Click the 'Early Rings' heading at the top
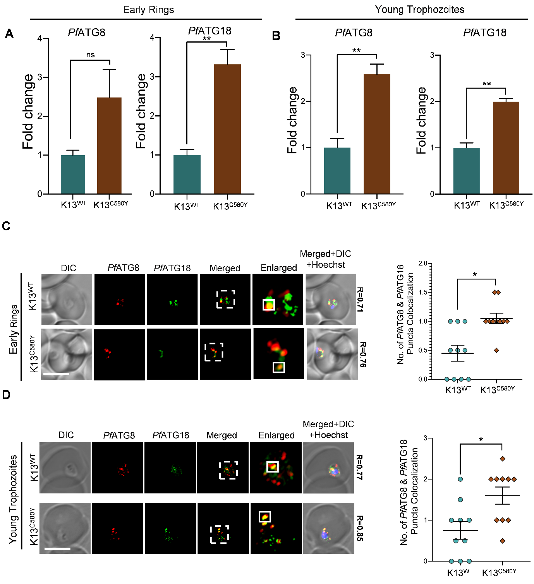pos(148,10)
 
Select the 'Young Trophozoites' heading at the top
pos(419,10)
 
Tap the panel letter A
pos(9,34)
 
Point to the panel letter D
pos(6,395)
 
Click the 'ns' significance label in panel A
pos(90,55)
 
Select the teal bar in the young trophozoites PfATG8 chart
pos(337,171)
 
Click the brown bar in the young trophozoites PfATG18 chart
pos(506,147)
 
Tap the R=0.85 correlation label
pos(360,528)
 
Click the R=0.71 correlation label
pos(360,300)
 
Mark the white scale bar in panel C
pos(56,374)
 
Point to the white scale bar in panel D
pos(57,548)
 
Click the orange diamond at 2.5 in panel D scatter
pos(503,459)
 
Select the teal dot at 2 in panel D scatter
pos(460,479)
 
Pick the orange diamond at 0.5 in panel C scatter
pos(496,350)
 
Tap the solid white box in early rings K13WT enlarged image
pos(269,305)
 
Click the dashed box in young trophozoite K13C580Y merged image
pos(220,534)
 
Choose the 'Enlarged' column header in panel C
pos(278,268)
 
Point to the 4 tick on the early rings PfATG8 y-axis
pos(40,38)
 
